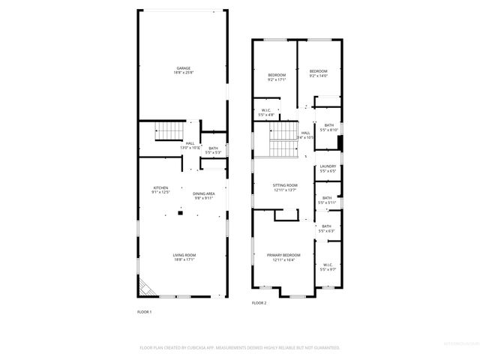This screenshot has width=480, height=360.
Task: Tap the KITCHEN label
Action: pyautogui.click(x=161, y=190)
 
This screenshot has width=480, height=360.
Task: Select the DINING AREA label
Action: pyautogui.click(x=203, y=196)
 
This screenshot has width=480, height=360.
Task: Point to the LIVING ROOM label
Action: pyautogui.click(x=184, y=257)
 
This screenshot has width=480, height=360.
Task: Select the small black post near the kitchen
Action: pyautogui.click(x=179, y=213)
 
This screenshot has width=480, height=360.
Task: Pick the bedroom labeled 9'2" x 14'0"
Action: pyautogui.click(x=319, y=73)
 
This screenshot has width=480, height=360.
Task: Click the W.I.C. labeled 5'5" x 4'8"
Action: pyautogui.click(x=266, y=112)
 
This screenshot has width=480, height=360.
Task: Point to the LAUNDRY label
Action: pyautogui.click(x=328, y=169)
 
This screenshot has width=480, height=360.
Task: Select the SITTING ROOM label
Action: pyautogui.click(x=285, y=187)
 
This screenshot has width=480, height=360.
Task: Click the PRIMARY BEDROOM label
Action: pyautogui.click(x=284, y=257)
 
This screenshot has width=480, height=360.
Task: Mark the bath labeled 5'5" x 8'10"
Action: pyautogui.click(x=328, y=127)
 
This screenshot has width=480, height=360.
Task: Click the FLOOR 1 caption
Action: pyautogui.click(x=144, y=311)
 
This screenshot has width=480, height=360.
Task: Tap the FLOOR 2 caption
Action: pyautogui.click(x=259, y=303)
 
